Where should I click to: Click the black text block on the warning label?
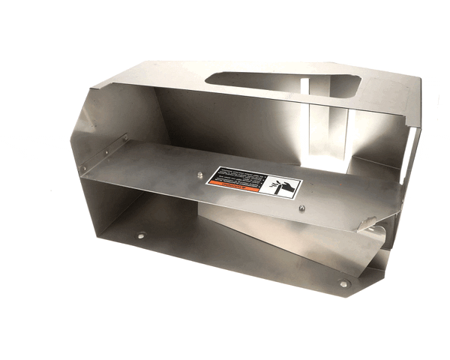click(x=239, y=176)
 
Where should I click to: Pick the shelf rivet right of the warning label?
click(x=301, y=208)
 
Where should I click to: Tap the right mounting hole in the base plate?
click(x=343, y=284)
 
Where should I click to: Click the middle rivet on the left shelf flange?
click(x=105, y=153)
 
